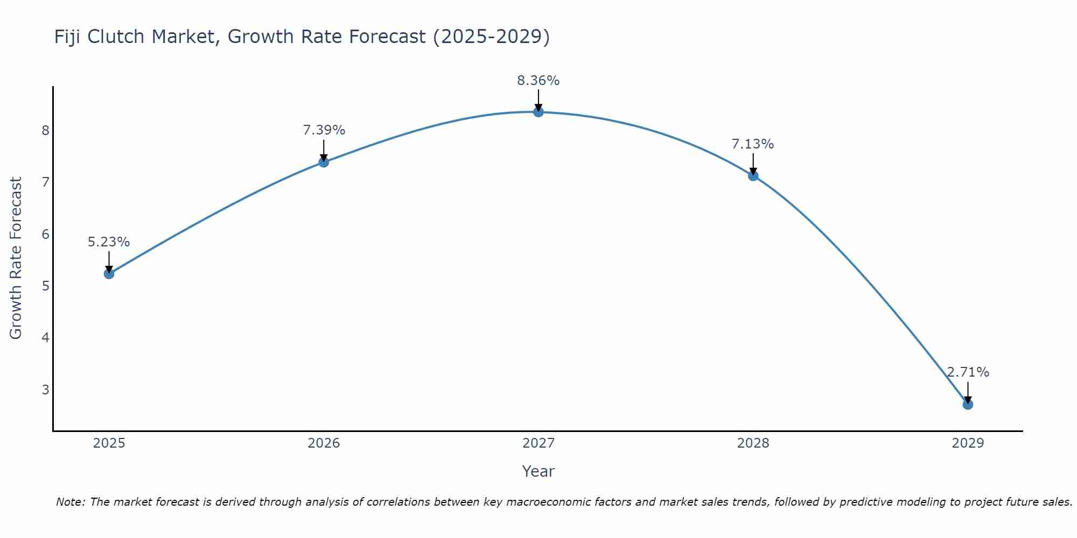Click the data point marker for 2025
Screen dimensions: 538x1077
click(109, 274)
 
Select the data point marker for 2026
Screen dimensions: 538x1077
click(324, 162)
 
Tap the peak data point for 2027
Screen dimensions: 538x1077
click(538, 112)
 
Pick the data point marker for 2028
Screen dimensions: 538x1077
click(753, 175)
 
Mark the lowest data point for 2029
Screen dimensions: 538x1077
click(968, 404)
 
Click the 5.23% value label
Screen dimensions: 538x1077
click(109, 242)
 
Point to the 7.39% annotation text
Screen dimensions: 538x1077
click(324, 130)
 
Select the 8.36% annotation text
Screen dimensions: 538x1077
click(538, 81)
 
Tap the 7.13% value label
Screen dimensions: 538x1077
click(753, 144)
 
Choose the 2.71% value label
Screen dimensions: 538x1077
click(968, 372)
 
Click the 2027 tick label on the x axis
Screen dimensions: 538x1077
click(538, 443)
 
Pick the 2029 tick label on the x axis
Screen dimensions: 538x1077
click(968, 443)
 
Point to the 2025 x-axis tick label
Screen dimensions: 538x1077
click(109, 443)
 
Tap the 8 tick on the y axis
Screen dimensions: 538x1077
click(45, 131)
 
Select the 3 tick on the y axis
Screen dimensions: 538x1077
click(45, 390)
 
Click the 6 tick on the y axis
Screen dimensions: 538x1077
click(45, 234)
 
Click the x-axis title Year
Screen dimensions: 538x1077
click(538, 471)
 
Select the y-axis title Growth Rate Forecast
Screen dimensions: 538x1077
click(16, 258)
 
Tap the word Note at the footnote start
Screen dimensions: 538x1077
click(71, 502)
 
